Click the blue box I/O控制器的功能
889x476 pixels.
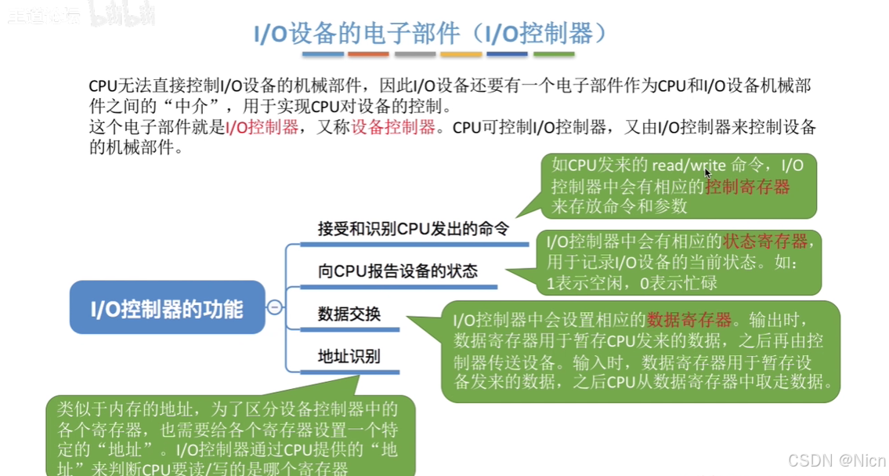[x=167, y=308]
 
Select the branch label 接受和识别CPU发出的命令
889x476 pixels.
[x=413, y=229]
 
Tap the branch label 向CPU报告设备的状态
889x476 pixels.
[x=397, y=271]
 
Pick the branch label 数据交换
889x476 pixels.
[x=349, y=314]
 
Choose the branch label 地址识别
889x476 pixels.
[x=349, y=356]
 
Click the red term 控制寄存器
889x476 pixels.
[x=746, y=187]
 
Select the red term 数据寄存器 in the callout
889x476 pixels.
[x=689, y=320]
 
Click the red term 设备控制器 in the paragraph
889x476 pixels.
[x=393, y=128]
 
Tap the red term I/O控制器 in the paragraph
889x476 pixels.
[x=262, y=128]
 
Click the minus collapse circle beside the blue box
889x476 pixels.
[x=274, y=307]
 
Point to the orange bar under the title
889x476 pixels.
[x=367, y=54]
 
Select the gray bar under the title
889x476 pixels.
[x=414, y=54]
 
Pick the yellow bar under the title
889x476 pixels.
[x=461, y=54]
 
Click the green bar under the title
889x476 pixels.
[x=553, y=54]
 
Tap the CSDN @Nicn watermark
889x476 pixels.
[x=836, y=459]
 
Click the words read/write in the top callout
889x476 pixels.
[x=688, y=165]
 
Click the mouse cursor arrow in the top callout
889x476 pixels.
[x=708, y=173]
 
